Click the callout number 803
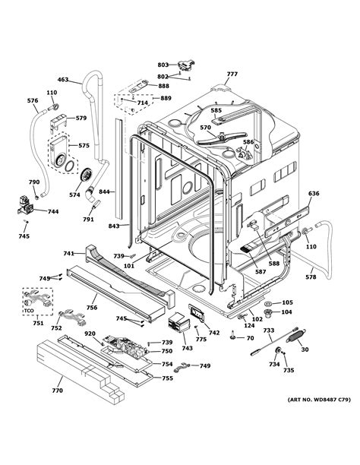(x=163, y=65)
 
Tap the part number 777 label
(x=232, y=74)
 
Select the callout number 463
(x=63, y=80)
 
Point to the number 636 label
(x=314, y=194)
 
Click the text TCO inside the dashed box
(x=29, y=311)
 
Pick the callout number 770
(x=57, y=391)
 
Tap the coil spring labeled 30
(x=296, y=336)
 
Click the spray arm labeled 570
(x=222, y=138)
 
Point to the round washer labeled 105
(x=270, y=303)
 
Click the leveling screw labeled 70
(x=233, y=336)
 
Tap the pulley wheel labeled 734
(x=278, y=350)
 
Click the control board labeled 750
(x=124, y=346)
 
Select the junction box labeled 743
(x=178, y=321)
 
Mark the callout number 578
(x=311, y=277)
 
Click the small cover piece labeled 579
(x=58, y=122)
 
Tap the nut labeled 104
(x=268, y=313)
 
